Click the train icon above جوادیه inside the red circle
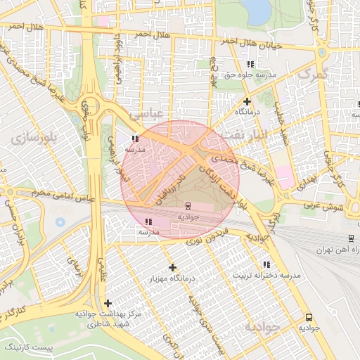click(188, 206)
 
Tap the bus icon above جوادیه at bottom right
click(307, 317)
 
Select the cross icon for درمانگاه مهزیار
click(172, 267)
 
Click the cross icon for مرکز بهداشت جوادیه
click(108, 302)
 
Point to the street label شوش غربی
click(323, 206)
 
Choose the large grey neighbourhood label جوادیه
click(262, 328)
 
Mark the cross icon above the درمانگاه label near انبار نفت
click(247, 101)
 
